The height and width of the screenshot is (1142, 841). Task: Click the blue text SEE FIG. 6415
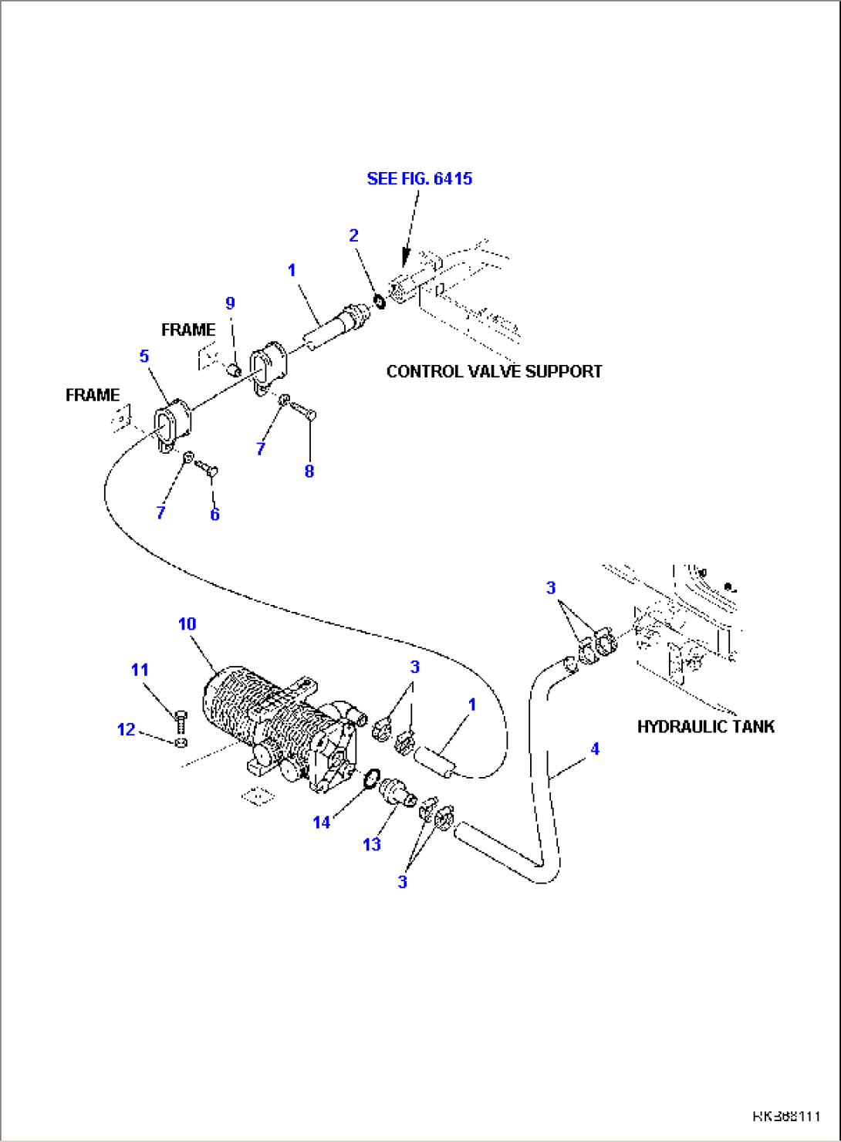[x=419, y=178]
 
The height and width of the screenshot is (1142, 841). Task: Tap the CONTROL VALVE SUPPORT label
[x=494, y=371]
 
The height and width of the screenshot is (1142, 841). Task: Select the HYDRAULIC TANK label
[x=705, y=726]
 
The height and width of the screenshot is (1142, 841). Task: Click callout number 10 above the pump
[x=187, y=623]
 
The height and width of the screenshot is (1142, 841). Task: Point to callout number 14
[x=321, y=823]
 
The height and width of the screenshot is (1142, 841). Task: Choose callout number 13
[x=372, y=844]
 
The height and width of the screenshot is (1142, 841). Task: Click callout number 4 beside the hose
[x=594, y=748]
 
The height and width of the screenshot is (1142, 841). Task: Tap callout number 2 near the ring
[x=353, y=235]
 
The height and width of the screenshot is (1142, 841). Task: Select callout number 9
[x=230, y=303]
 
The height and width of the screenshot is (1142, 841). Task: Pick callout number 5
[x=144, y=356]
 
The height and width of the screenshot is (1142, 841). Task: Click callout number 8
[x=309, y=471]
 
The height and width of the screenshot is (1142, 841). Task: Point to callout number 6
[x=214, y=514]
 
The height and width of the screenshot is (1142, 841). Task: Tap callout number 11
[x=140, y=669]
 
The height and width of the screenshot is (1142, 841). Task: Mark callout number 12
[x=126, y=729]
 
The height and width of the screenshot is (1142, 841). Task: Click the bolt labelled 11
[x=181, y=721]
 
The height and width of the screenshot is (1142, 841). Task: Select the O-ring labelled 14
[x=371, y=779]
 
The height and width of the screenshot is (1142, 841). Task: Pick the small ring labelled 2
[x=379, y=300]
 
